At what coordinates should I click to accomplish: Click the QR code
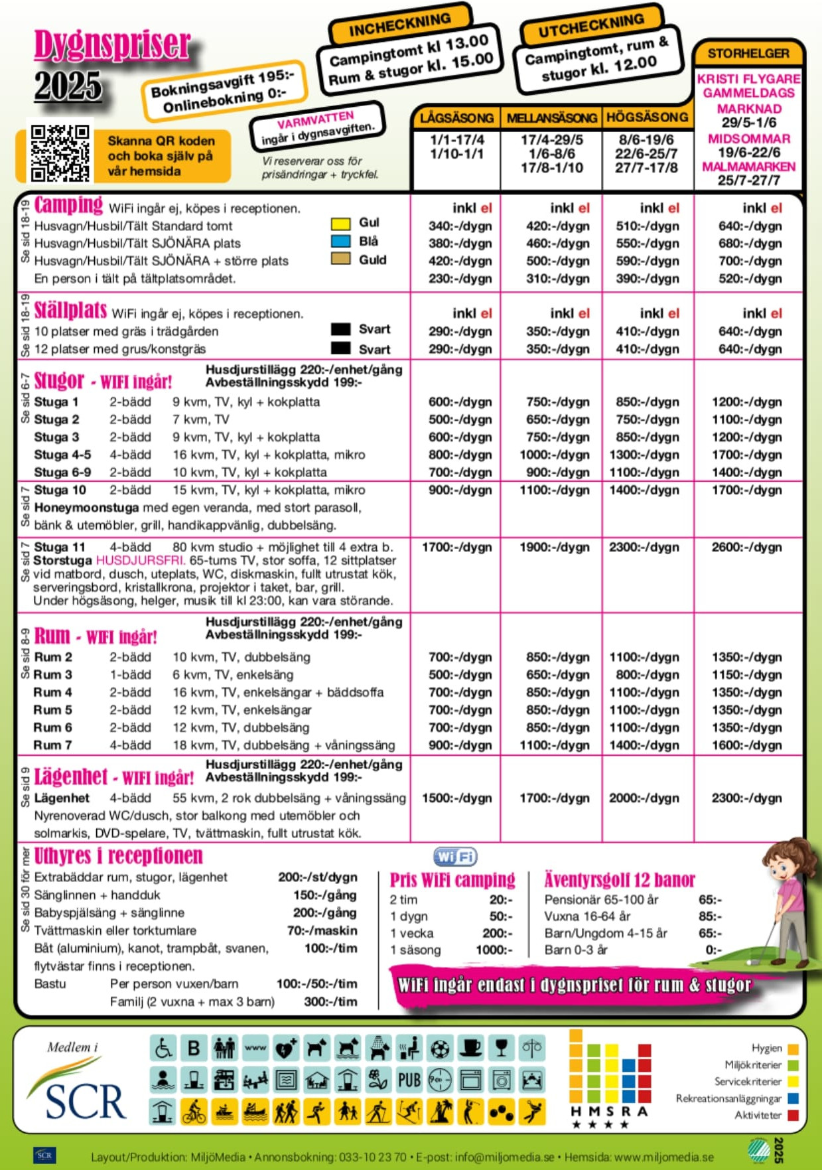pos(60,153)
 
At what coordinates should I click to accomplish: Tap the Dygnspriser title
pos(112,45)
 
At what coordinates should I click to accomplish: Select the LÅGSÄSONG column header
pos(456,118)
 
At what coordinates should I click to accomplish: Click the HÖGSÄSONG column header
pos(647,117)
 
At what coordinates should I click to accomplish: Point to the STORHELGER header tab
pos(748,53)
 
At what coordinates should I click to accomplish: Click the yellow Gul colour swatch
pos(340,223)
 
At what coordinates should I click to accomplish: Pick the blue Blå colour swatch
pos(340,241)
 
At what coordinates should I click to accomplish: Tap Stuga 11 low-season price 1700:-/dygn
pos(456,548)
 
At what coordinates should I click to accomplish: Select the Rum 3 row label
pos(53,675)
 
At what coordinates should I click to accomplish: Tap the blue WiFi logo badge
pos(455,857)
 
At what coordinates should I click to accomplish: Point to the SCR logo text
pos(85,1102)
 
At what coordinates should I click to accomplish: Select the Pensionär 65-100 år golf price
pos(710,900)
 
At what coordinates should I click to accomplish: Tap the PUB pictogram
pos(409,1080)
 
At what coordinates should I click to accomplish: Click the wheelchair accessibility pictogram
pos(163,1049)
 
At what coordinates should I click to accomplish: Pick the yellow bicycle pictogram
pos(194,1112)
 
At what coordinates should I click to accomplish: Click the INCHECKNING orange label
pos(399,25)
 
